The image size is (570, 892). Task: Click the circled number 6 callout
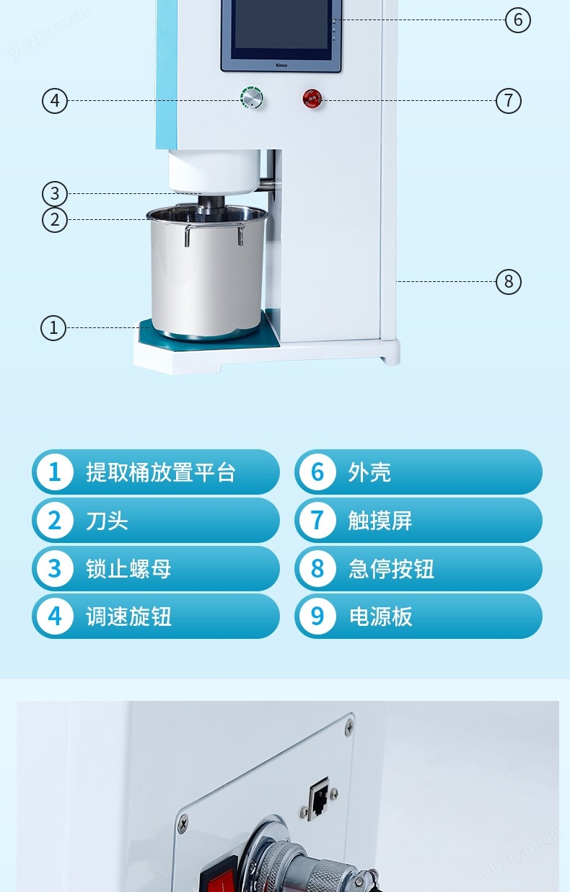point(518,19)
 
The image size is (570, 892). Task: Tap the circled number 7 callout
point(509,100)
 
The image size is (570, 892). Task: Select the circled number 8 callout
point(509,281)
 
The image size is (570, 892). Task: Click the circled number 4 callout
point(55,101)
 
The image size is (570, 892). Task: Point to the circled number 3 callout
point(55,194)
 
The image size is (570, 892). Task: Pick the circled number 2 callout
point(55,220)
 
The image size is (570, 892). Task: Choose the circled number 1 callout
point(53,327)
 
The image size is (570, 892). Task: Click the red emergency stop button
point(312,98)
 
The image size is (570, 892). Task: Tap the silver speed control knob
point(252,97)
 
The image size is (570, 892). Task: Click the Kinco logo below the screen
point(281,65)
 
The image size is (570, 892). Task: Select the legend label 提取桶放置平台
point(160,472)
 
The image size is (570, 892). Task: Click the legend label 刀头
point(107,521)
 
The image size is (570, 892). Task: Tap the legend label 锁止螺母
point(128,569)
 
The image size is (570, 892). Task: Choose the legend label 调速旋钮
point(128,617)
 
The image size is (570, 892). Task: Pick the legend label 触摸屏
point(380,521)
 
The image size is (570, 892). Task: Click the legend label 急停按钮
point(391,569)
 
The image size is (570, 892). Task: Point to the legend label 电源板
point(380,617)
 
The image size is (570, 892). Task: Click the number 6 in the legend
point(317,472)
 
